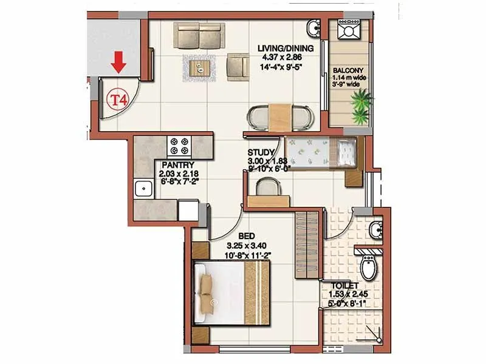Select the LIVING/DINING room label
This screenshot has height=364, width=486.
(285, 49)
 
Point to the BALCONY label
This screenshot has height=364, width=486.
(348, 70)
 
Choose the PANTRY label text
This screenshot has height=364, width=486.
(177, 164)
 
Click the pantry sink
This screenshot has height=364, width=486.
(143, 189)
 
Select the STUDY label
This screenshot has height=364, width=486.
(261, 153)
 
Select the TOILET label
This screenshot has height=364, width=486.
(345, 285)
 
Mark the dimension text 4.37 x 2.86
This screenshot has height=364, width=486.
(285, 58)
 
